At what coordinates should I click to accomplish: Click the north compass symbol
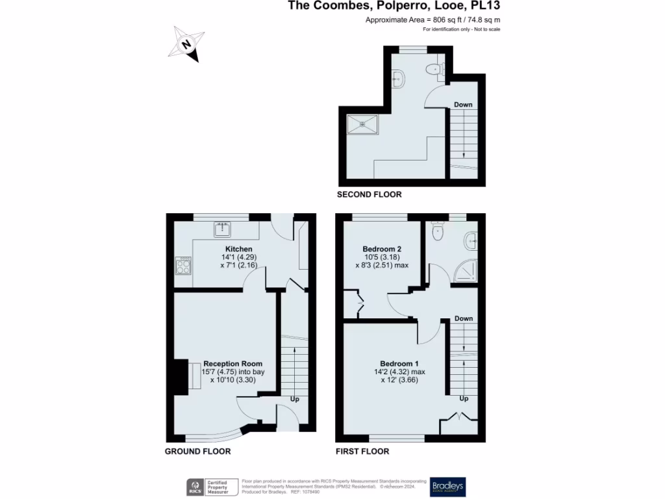[x=188, y=44]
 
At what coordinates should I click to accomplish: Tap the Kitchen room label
[x=238, y=249]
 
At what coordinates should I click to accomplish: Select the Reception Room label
[x=232, y=363]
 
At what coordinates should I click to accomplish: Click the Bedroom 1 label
[x=399, y=363]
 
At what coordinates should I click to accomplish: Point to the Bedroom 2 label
[x=382, y=249]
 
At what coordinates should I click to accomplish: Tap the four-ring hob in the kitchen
[x=183, y=267]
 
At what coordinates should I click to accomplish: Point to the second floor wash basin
[x=399, y=79]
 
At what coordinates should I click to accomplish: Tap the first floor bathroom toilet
[x=437, y=231]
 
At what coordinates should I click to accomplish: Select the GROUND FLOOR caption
[x=197, y=451]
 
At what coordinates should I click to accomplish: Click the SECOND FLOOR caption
[x=369, y=194]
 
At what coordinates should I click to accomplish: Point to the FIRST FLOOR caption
[x=362, y=451]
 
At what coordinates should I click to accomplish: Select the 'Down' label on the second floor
[x=463, y=105]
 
